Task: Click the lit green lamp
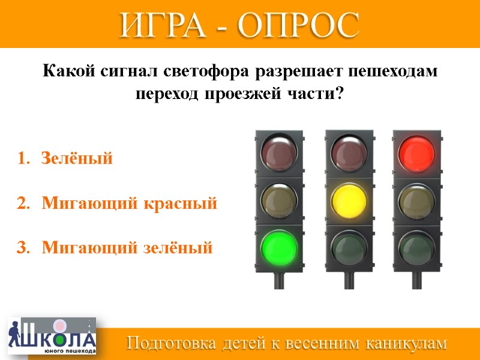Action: (279, 246)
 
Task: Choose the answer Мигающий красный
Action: (129, 203)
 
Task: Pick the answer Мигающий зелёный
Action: (127, 247)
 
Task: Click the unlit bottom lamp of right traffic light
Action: (417, 246)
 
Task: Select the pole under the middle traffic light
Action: (348, 280)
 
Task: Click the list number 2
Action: (22, 203)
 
